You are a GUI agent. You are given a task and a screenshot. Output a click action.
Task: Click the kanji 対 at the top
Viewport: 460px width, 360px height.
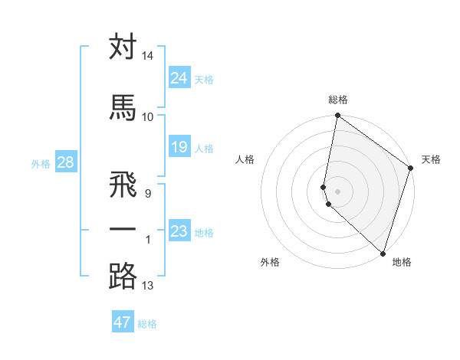pos(123,47)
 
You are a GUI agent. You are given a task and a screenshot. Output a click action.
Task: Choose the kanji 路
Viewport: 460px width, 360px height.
pos(123,277)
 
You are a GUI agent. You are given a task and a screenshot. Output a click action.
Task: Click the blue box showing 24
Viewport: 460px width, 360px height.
pos(179,77)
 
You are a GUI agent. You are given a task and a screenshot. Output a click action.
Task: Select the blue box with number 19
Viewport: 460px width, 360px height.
pos(179,147)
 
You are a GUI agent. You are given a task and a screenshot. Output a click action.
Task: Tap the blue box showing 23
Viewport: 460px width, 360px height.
pos(179,231)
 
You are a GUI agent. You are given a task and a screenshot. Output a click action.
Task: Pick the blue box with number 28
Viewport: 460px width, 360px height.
pos(65,162)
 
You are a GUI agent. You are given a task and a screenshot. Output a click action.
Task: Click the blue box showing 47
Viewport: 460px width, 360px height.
pos(123,322)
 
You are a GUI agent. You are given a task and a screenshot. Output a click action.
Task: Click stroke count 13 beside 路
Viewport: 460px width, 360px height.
pos(148,286)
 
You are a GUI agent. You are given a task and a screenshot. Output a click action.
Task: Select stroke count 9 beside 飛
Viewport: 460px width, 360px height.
pos(147,193)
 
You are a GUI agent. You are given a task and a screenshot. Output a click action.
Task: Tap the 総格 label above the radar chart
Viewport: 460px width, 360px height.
pos(338,100)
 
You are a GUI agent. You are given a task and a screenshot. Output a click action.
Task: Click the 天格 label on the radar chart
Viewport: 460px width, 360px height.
pos(431,159)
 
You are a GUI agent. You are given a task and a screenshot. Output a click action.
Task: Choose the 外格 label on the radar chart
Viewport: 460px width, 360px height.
pos(270,262)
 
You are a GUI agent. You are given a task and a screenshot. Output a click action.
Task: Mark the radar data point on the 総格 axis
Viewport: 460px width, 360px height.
pos(337,116)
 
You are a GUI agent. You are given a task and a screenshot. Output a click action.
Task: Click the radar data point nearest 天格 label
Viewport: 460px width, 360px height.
pos(411,169)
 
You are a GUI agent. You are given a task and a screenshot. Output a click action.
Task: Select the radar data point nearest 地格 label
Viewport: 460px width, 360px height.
pos(383,254)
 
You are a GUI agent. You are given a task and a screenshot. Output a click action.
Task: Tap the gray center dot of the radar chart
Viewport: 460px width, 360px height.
pos(337,191)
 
